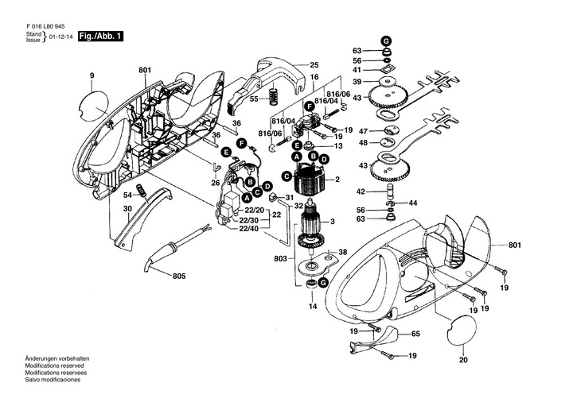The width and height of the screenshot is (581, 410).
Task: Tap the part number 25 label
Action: [x=314, y=64]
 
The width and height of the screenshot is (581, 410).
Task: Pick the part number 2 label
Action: [x=337, y=180]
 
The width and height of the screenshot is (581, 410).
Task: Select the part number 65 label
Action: [x=415, y=335]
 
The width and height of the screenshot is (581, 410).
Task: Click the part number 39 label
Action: [x=357, y=83]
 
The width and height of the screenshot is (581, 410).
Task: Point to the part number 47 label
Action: [x=363, y=131]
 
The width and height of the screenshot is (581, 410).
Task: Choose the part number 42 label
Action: [x=360, y=191]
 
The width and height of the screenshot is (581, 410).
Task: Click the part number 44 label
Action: [x=412, y=203]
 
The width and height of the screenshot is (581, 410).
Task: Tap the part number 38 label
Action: [x=343, y=253]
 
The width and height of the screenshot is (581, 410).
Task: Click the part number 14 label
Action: [x=313, y=306]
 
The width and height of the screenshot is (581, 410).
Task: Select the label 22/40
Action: [x=249, y=229]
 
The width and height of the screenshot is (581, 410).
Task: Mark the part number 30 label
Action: [x=127, y=209]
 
